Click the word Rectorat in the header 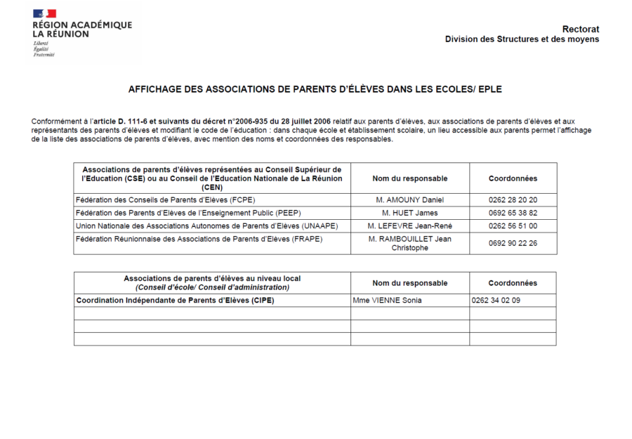tap(580, 29)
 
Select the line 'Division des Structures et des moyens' tap(522, 39)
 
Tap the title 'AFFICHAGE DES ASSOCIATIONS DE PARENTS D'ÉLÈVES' tap(315, 90)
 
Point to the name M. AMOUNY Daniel tap(409, 200)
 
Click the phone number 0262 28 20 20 tap(513, 200)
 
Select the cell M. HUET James tap(409, 213)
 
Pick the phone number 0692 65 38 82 tap(513, 213)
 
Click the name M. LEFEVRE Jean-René tap(409, 226)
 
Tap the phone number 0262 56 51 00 tap(513, 226)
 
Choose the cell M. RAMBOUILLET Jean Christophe tap(409, 243)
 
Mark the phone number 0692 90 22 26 tap(513, 243)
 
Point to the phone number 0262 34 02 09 tap(496, 301)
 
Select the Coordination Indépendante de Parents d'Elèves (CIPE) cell tap(175, 301)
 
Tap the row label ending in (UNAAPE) tap(206, 226)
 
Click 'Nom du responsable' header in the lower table tap(409, 283)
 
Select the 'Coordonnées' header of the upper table tap(513, 178)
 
